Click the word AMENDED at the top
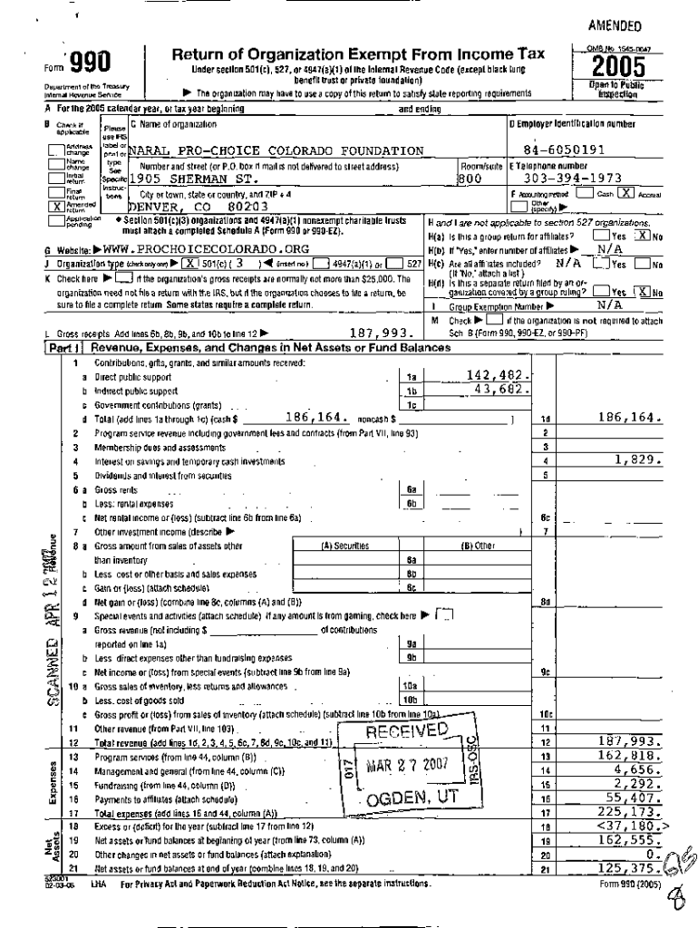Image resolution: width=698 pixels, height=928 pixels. pyautogui.click(x=615, y=25)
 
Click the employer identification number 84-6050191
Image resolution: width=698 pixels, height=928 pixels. pyautogui.click(x=568, y=150)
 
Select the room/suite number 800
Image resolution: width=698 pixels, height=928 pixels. pyautogui.click(x=470, y=179)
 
